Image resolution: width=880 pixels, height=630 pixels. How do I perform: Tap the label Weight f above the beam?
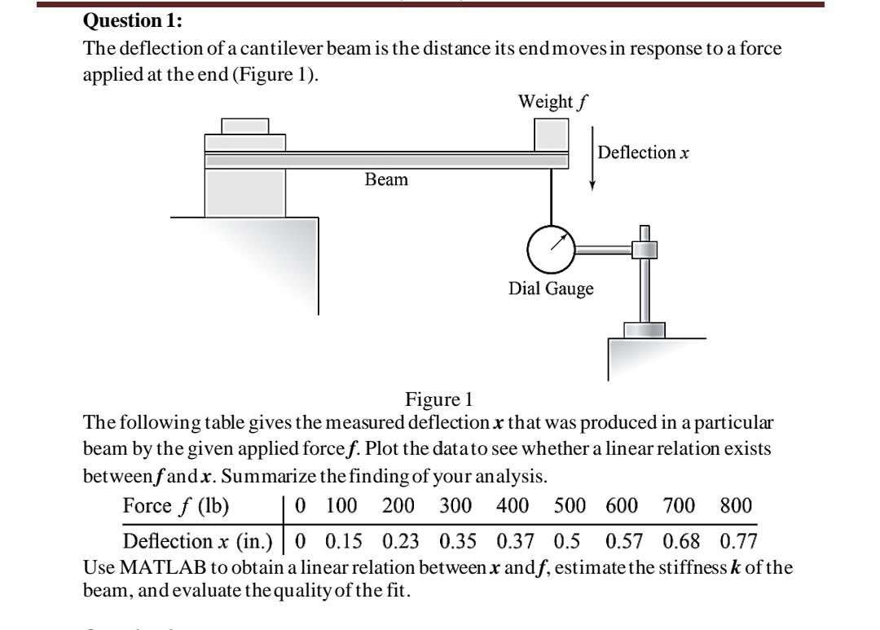tap(553, 103)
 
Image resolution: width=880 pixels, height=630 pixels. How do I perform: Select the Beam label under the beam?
tap(386, 179)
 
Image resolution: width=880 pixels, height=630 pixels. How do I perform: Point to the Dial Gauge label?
tap(551, 289)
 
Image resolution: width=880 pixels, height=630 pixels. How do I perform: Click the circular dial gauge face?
tap(552, 247)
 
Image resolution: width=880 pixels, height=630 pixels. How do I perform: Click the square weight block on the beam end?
tap(551, 134)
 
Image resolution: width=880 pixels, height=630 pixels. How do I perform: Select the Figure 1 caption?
tap(438, 399)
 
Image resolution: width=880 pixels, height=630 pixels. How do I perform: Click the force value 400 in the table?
tap(513, 505)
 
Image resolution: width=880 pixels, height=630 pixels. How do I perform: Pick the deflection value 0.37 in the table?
tap(513, 541)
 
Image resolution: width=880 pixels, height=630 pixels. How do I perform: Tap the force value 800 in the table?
tap(736, 505)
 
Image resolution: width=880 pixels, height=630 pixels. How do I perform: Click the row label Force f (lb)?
tap(176, 505)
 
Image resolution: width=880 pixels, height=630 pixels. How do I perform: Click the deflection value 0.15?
tap(342, 541)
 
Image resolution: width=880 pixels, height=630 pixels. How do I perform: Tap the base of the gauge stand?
tap(644, 329)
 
